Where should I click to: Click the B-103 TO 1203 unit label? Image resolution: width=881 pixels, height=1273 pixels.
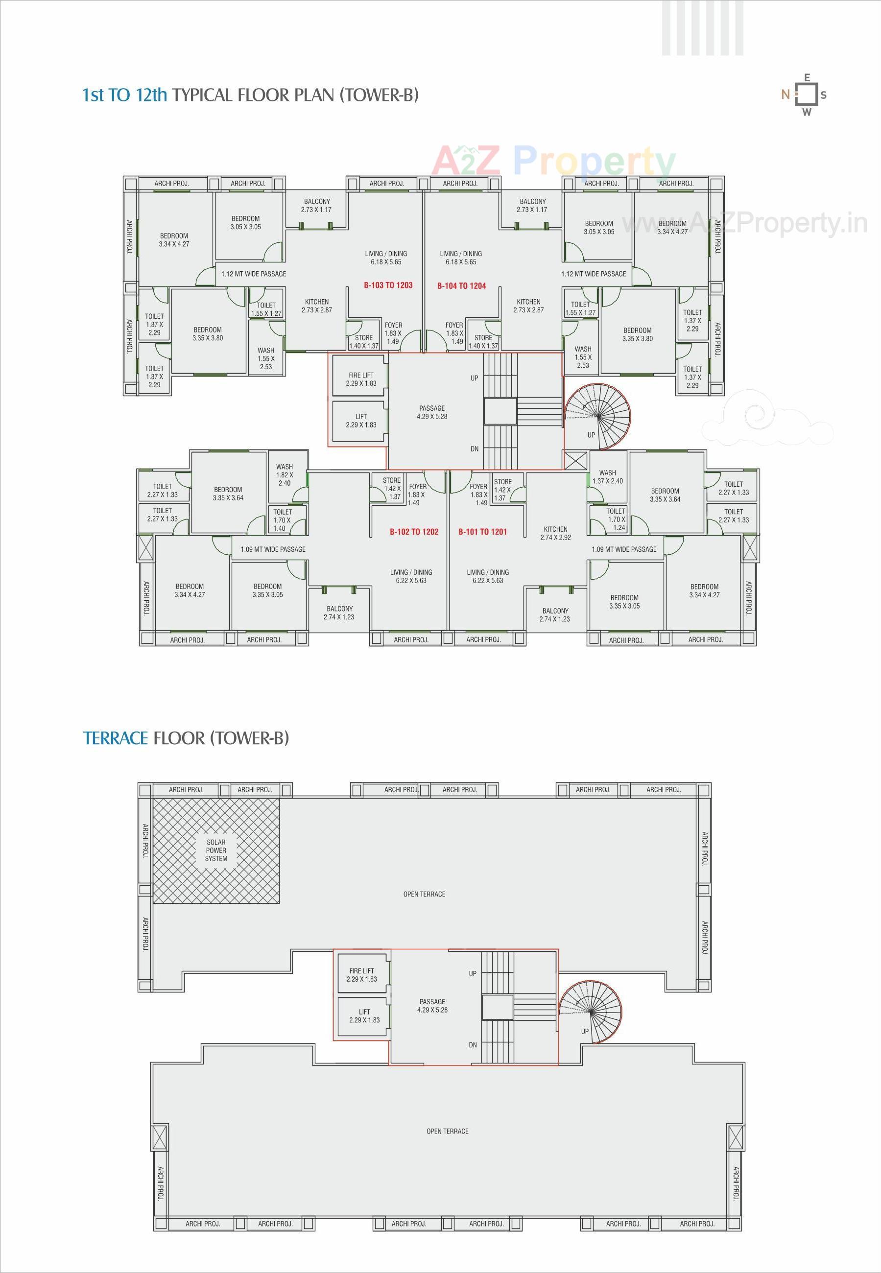click(387, 285)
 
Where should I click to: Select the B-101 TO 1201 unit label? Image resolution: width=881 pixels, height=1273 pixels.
click(482, 532)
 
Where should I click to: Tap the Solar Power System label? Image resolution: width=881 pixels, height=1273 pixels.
click(216, 850)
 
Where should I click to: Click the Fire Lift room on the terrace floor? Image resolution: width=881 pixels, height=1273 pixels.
click(361, 975)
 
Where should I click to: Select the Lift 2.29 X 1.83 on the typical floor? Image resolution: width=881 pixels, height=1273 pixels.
click(361, 421)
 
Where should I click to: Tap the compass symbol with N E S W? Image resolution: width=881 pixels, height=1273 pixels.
click(807, 95)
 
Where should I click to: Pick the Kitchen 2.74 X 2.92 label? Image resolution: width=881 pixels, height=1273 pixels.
click(555, 533)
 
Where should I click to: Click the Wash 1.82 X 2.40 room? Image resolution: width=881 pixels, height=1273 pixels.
click(285, 474)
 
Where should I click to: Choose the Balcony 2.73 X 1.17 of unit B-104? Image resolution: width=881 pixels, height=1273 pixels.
click(531, 205)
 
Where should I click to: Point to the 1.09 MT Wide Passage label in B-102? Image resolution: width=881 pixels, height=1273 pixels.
click(273, 549)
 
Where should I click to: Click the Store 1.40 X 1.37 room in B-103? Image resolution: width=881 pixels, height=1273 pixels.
click(364, 342)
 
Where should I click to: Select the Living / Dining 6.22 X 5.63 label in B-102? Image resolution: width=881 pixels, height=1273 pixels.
click(411, 576)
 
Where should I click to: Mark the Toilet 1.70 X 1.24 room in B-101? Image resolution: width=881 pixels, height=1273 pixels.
click(615, 519)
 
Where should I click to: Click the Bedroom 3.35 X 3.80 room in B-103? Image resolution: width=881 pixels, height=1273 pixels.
click(208, 334)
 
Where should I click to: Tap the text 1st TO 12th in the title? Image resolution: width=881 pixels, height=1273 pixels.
click(124, 95)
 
